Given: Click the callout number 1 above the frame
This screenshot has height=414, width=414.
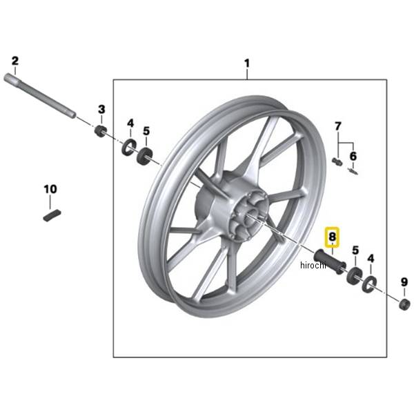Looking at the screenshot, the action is (247, 63).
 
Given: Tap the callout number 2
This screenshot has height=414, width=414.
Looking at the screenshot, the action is (15, 61).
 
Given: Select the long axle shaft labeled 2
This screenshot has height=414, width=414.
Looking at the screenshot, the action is (40, 96).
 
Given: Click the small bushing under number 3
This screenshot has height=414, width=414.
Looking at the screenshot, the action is (100, 131).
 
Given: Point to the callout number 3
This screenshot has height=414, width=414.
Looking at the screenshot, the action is (101, 109).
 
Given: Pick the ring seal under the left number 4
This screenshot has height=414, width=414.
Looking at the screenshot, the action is (128, 147).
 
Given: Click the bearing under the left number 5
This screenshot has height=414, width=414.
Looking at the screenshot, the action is (144, 157).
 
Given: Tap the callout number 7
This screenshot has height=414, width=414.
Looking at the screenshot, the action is (338, 126).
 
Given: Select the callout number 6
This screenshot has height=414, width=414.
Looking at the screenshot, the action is (353, 156).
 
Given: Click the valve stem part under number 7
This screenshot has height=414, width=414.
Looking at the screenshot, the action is (337, 161).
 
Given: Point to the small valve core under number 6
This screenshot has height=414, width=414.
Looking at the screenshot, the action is (353, 171).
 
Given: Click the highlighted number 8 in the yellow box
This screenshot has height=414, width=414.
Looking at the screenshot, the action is (332, 237).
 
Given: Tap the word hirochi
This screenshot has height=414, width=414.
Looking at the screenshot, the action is (313, 265).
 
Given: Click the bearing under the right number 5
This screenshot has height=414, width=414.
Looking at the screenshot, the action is (354, 276).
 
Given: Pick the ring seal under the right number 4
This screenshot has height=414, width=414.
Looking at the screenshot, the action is (369, 284).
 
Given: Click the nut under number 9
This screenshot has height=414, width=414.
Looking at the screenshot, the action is (404, 305).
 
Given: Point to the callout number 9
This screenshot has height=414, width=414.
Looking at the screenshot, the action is (404, 282).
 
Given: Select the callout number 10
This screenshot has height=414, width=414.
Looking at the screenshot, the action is (50, 189).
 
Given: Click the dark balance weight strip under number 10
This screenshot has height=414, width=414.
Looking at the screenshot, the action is (52, 215).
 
